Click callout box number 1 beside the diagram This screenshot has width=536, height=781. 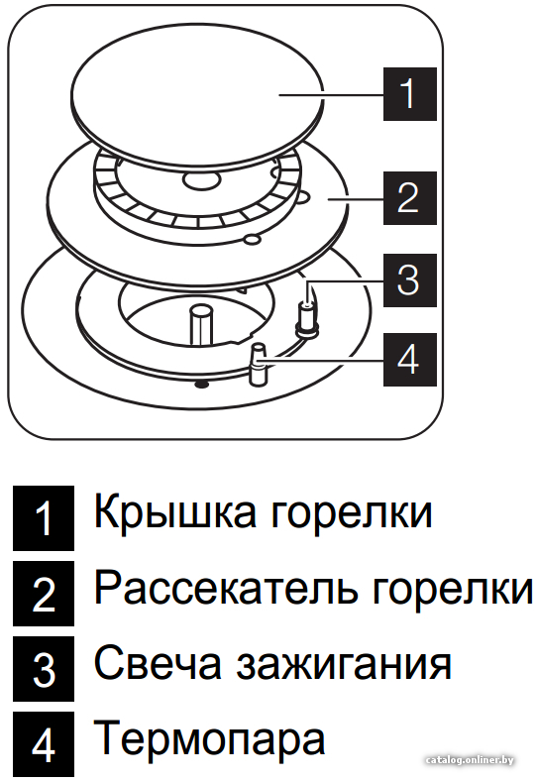(409, 94)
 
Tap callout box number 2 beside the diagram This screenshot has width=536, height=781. (409, 198)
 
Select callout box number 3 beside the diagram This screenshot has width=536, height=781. (409, 279)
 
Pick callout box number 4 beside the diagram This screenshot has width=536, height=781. (409, 360)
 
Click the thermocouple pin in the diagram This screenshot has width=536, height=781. (259, 364)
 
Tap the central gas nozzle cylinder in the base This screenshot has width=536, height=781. (202, 325)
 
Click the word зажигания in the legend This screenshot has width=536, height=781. (344, 667)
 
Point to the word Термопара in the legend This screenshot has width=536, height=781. (209, 738)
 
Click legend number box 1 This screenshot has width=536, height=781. (44, 518)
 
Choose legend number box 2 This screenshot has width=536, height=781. (44, 594)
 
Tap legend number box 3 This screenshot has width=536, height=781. (44, 668)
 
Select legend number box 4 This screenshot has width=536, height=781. (44, 744)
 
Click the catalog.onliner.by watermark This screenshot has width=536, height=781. (470, 760)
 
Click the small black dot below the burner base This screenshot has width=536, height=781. (201, 384)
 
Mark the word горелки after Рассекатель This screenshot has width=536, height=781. (453, 592)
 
